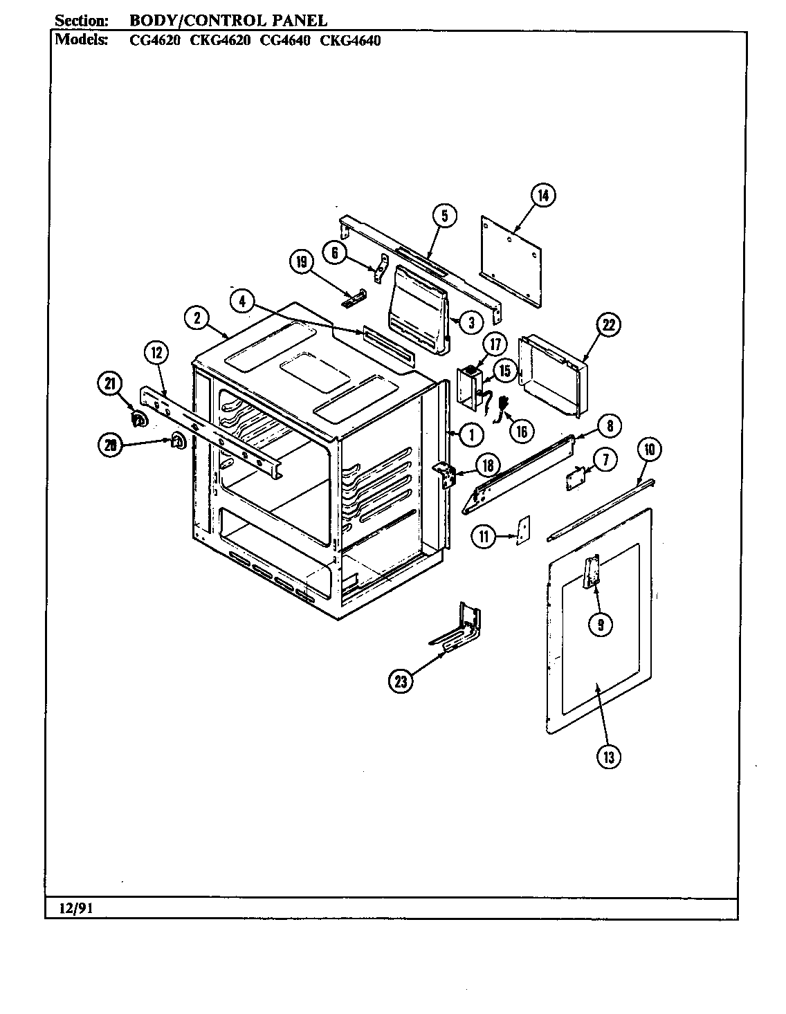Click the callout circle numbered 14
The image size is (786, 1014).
point(544,196)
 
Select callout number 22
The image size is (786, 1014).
point(607,325)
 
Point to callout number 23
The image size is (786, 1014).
point(401,681)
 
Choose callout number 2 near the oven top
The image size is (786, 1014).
point(197,317)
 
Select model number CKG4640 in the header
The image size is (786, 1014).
point(351,40)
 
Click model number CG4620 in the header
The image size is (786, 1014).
point(156,40)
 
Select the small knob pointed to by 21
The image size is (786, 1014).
point(139,419)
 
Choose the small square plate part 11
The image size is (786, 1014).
point(523,530)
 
